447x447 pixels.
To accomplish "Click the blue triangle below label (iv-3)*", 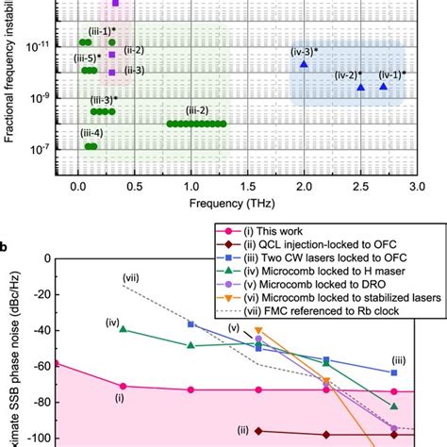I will tap(304, 64).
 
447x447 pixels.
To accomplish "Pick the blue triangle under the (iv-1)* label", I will tap(383, 87).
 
